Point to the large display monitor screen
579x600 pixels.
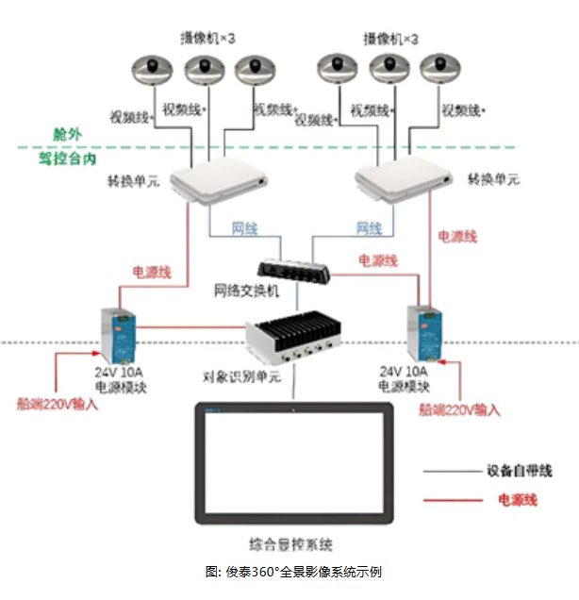pos(293,463)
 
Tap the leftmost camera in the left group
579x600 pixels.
pos(151,68)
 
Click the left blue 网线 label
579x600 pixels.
pos(244,229)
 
